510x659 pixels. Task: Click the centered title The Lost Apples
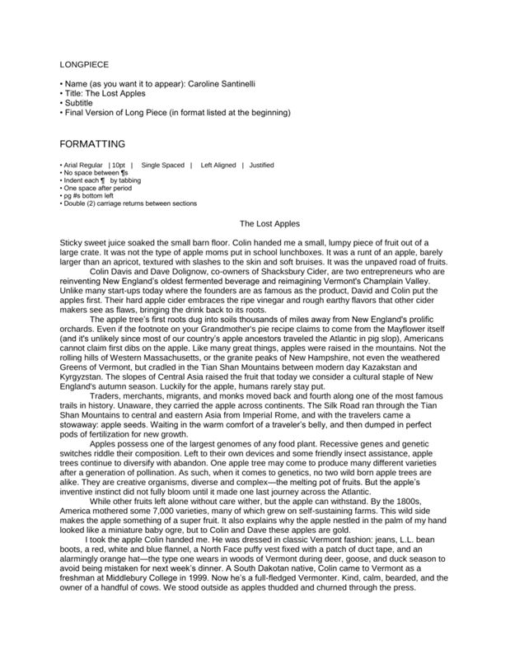tap(269, 223)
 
